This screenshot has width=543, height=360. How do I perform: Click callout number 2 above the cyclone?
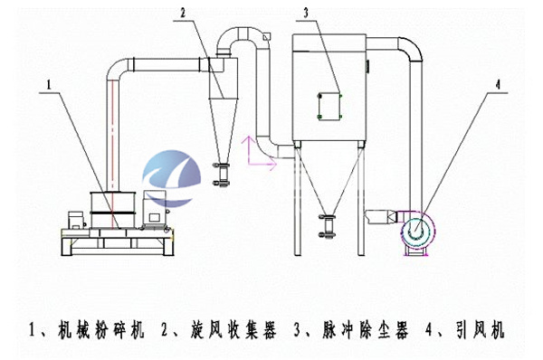(x=184, y=13)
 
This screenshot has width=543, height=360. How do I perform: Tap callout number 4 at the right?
(x=497, y=88)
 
